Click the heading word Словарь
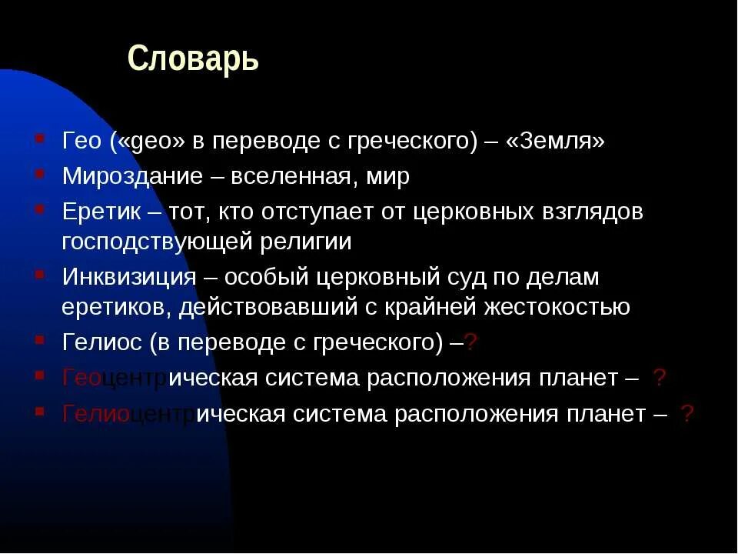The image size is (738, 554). click(x=193, y=58)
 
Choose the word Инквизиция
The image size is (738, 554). click(x=128, y=276)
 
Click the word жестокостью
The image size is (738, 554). click(x=557, y=308)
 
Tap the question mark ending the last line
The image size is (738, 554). click(x=687, y=414)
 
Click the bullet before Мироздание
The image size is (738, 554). click(x=38, y=172)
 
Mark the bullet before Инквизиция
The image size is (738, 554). click(x=38, y=272)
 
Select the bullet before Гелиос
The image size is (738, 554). click(x=38, y=339)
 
